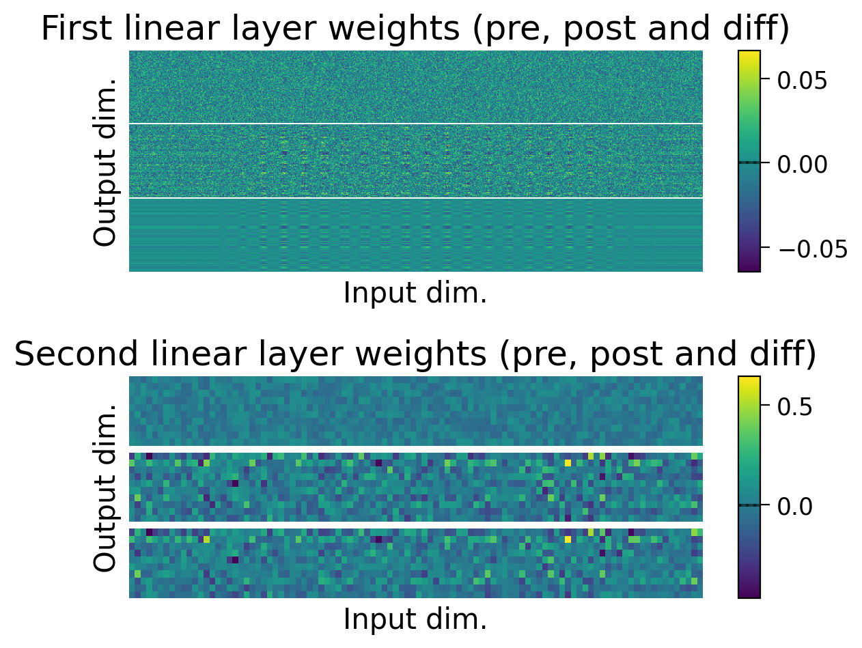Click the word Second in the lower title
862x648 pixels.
click(66, 354)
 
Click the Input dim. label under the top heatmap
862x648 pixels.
click(415, 293)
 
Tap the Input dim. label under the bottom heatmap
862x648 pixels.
click(415, 619)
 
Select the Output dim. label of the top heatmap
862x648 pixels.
click(105, 162)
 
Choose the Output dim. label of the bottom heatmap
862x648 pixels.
click(105, 488)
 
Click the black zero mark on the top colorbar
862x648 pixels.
click(749, 163)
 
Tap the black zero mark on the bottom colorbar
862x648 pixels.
click(749, 505)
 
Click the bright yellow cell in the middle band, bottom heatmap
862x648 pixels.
click(568, 462)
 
